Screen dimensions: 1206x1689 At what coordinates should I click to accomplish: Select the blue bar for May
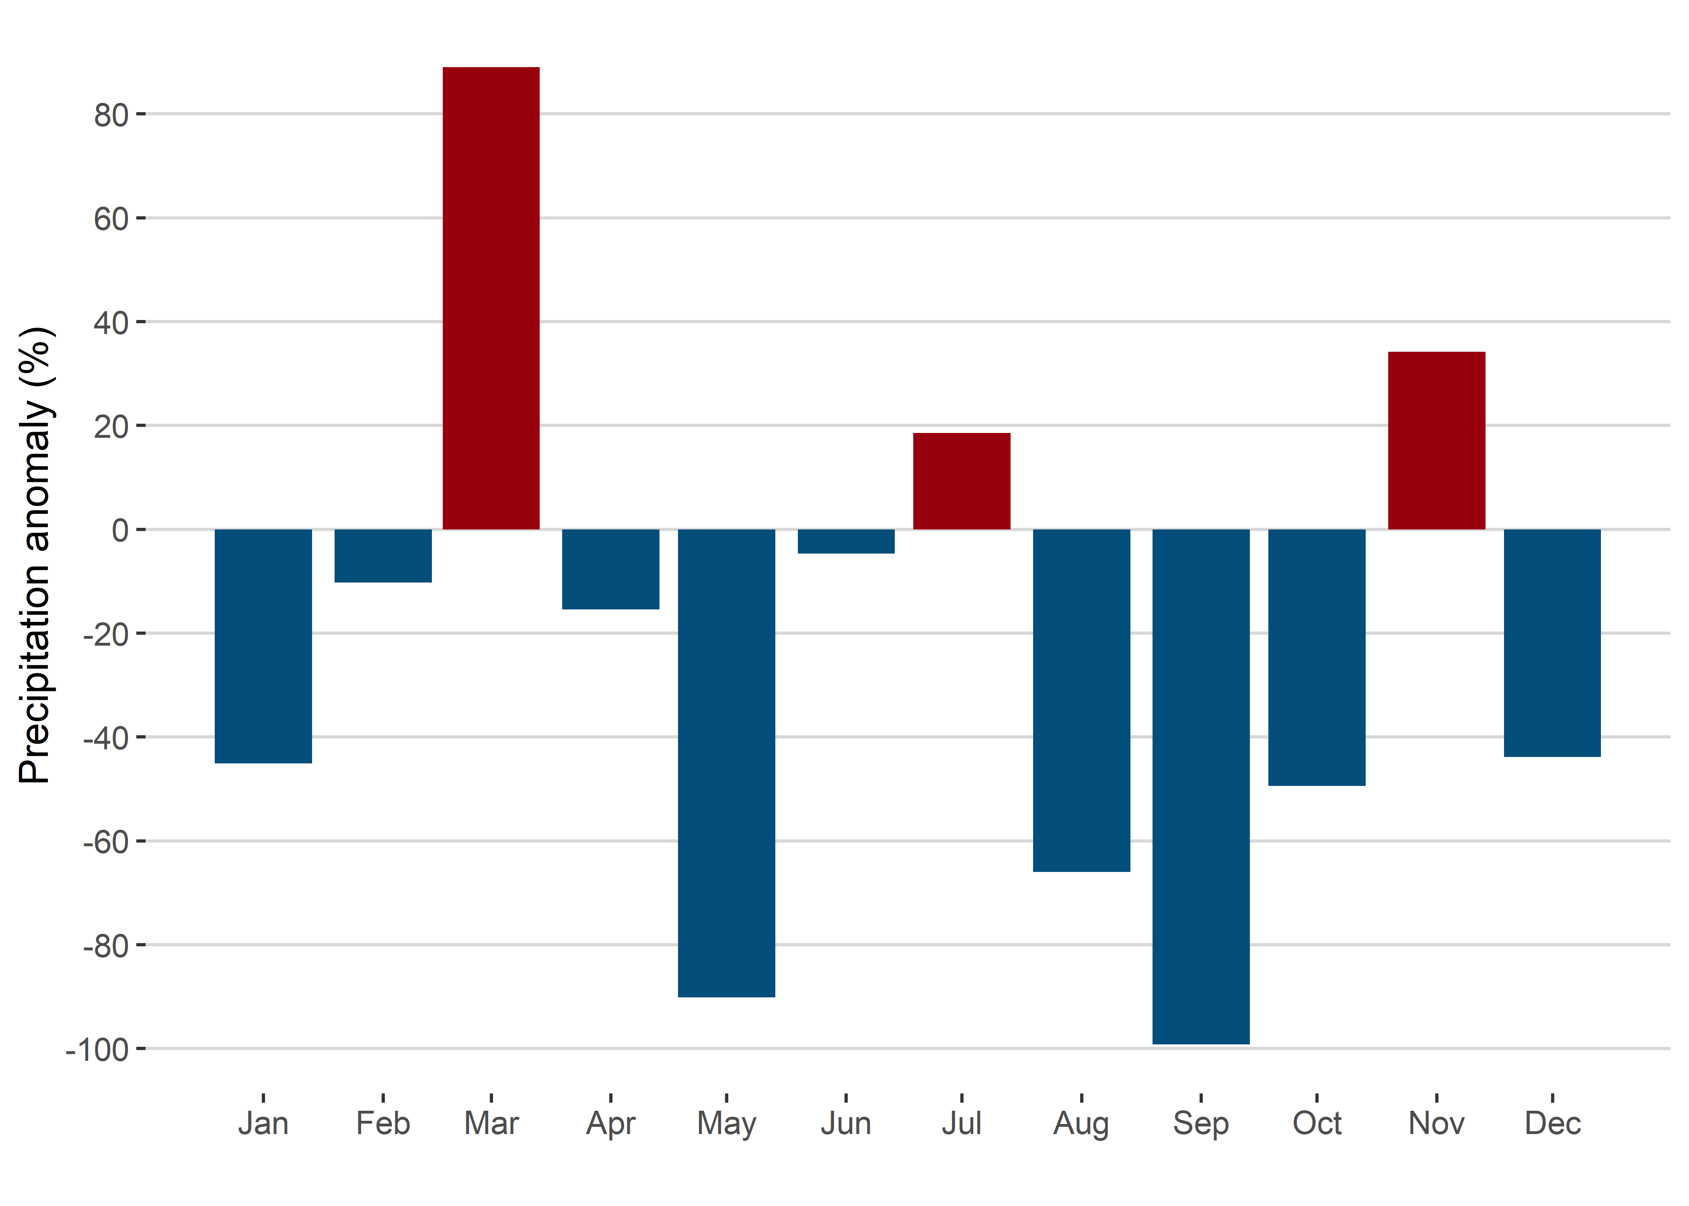(x=726, y=763)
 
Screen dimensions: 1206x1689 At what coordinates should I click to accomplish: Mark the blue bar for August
(x=1081, y=700)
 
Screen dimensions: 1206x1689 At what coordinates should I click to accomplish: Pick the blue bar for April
(x=610, y=569)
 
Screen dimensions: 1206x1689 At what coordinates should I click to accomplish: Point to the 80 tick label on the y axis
(x=111, y=116)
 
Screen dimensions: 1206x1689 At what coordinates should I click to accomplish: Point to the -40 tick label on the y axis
(x=105, y=739)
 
